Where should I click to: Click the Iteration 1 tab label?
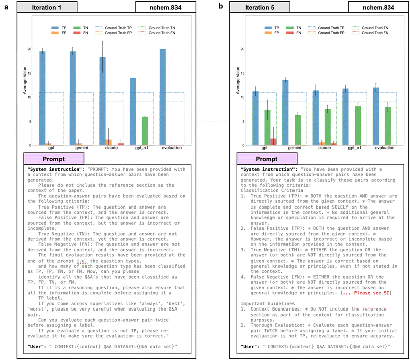pos(50,7)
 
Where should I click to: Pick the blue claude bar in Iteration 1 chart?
pos(102,101)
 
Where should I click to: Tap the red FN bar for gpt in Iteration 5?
pos(273,142)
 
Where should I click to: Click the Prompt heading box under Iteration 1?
pos(49,159)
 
